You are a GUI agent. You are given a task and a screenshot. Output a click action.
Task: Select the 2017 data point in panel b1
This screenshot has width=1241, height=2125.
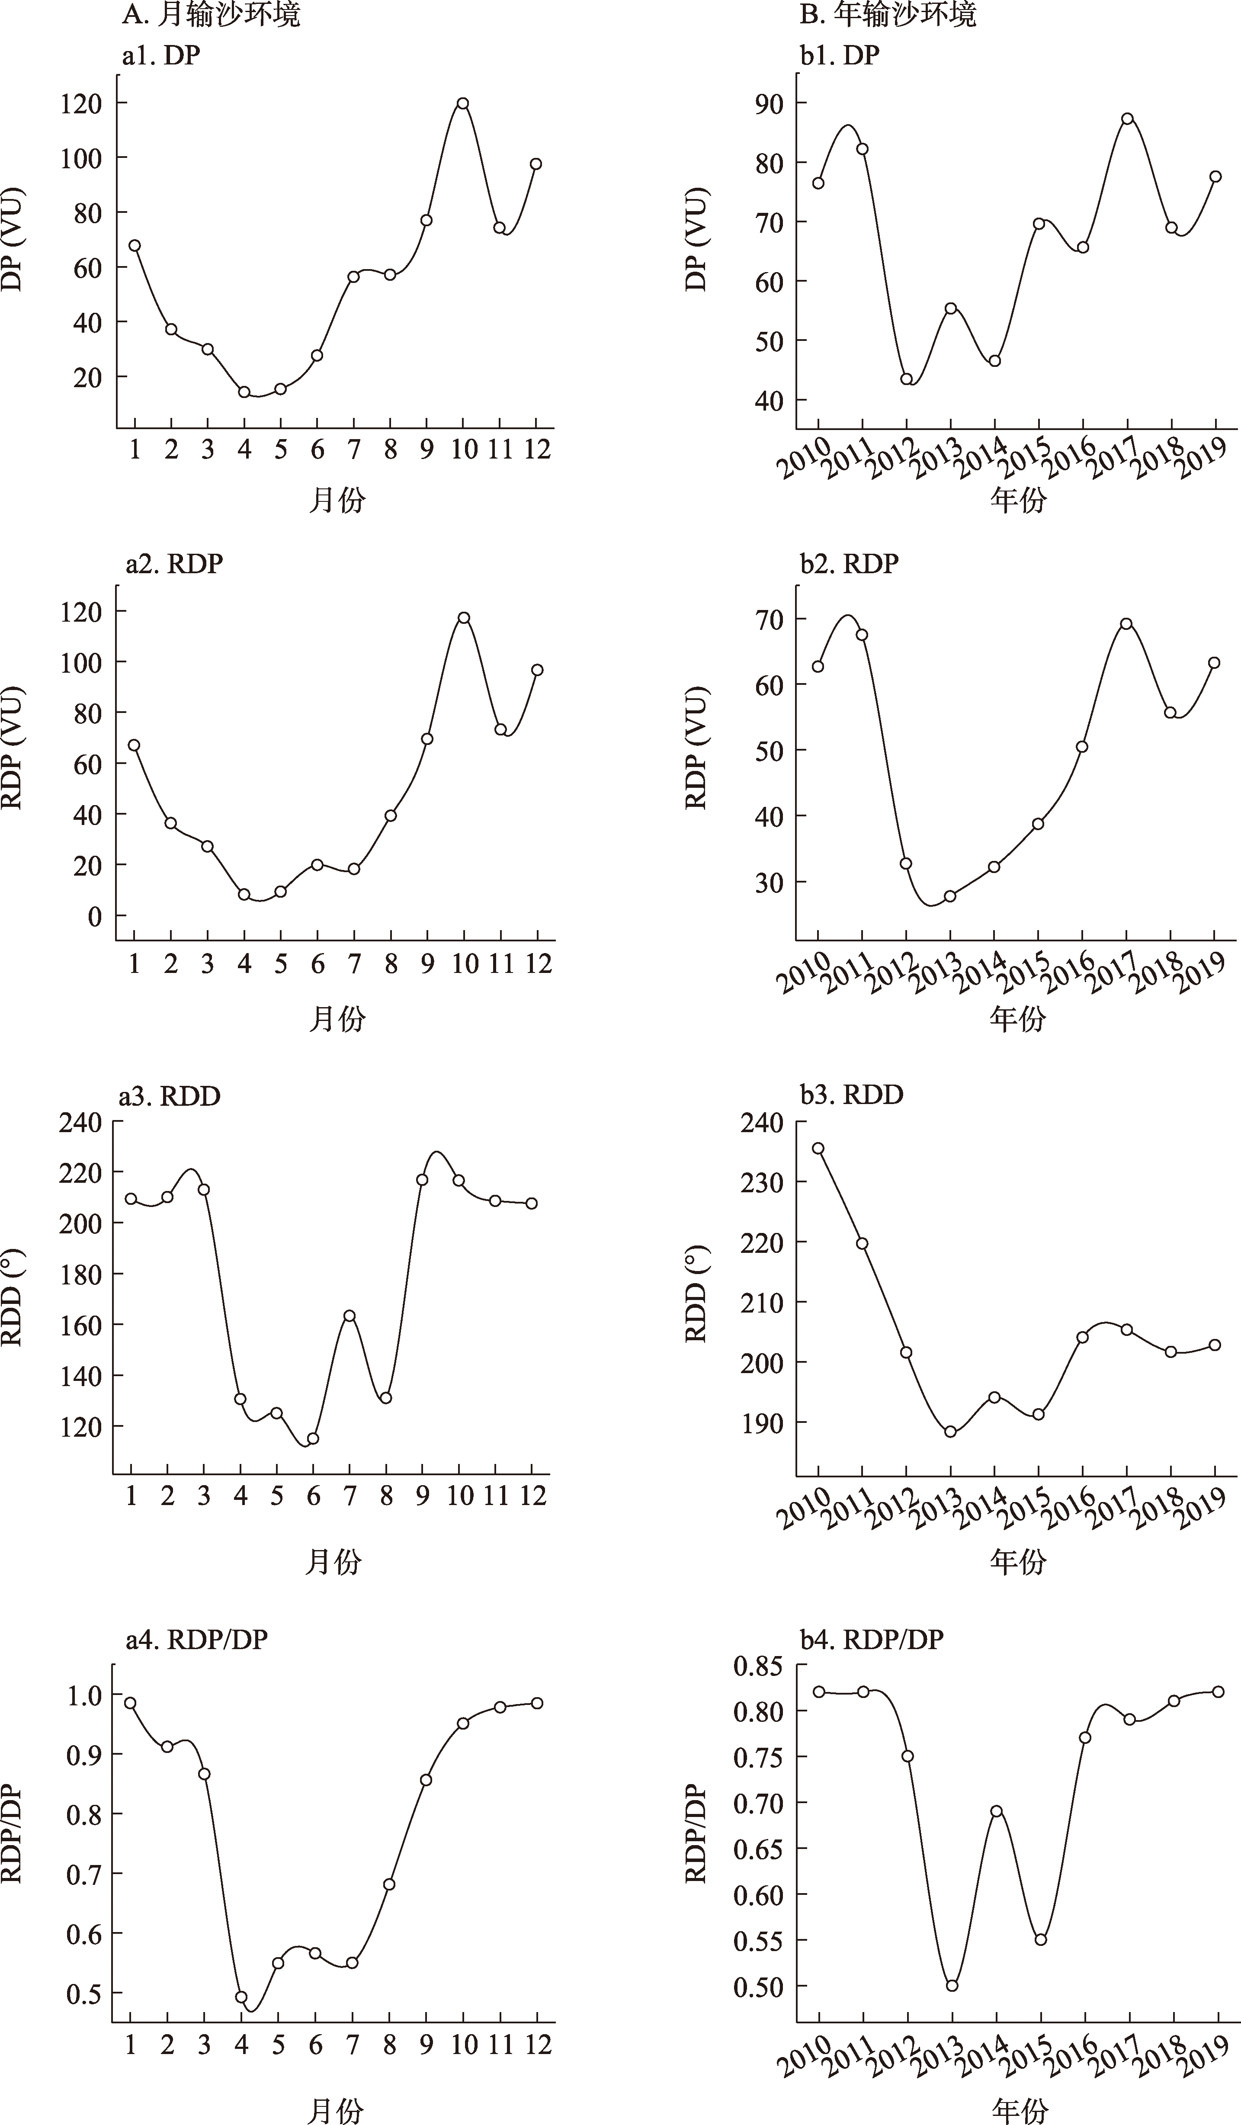point(1127,119)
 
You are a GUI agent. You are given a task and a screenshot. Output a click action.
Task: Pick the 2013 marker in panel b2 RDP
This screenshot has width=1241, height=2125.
point(950,896)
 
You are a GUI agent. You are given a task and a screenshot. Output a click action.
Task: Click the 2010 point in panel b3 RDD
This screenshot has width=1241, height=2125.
point(818,1149)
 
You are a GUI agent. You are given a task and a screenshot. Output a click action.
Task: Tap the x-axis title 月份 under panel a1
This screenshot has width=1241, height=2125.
point(337,501)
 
